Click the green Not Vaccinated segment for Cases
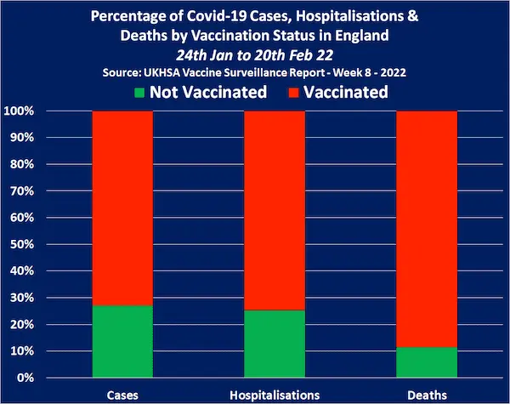point(122,340)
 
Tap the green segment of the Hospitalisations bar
point(274,344)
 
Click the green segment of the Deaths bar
point(426,362)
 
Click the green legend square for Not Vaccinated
point(139,92)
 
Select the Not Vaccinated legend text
point(208,92)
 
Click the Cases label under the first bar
point(122,395)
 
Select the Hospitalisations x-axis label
point(274,395)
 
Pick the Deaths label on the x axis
point(426,395)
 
